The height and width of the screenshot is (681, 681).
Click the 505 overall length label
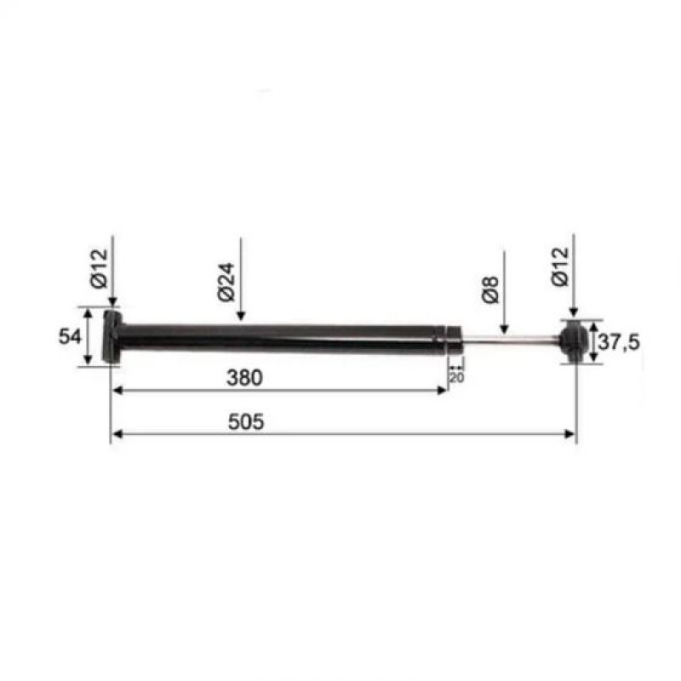(x=246, y=421)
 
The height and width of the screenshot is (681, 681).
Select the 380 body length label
(x=244, y=378)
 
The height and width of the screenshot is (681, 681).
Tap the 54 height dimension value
(x=70, y=336)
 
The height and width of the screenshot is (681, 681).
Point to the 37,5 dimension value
(x=619, y=342)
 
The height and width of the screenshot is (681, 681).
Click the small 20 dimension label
(x=456, y=378)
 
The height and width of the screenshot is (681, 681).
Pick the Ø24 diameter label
(x=226, y=282)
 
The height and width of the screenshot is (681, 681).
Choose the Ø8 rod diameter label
(x=490, y=289)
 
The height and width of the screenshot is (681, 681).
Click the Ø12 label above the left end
(x=99, y=268)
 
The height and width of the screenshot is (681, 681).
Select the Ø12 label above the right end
(x=560, y=266)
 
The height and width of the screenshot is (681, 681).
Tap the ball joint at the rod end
(x=572, y=341)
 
